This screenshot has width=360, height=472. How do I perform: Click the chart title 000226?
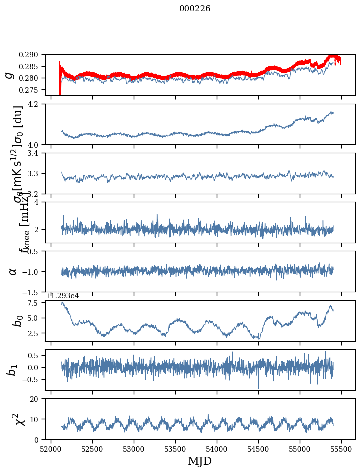pos(195,9)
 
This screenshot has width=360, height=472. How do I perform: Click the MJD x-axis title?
pos(200,461)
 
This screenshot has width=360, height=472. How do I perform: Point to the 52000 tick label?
pos(51,449)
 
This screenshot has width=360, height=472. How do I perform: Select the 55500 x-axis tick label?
pos(341,449)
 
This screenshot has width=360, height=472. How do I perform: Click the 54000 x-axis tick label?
pos(217,449)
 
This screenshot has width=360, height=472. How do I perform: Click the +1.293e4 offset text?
pos(62,296)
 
